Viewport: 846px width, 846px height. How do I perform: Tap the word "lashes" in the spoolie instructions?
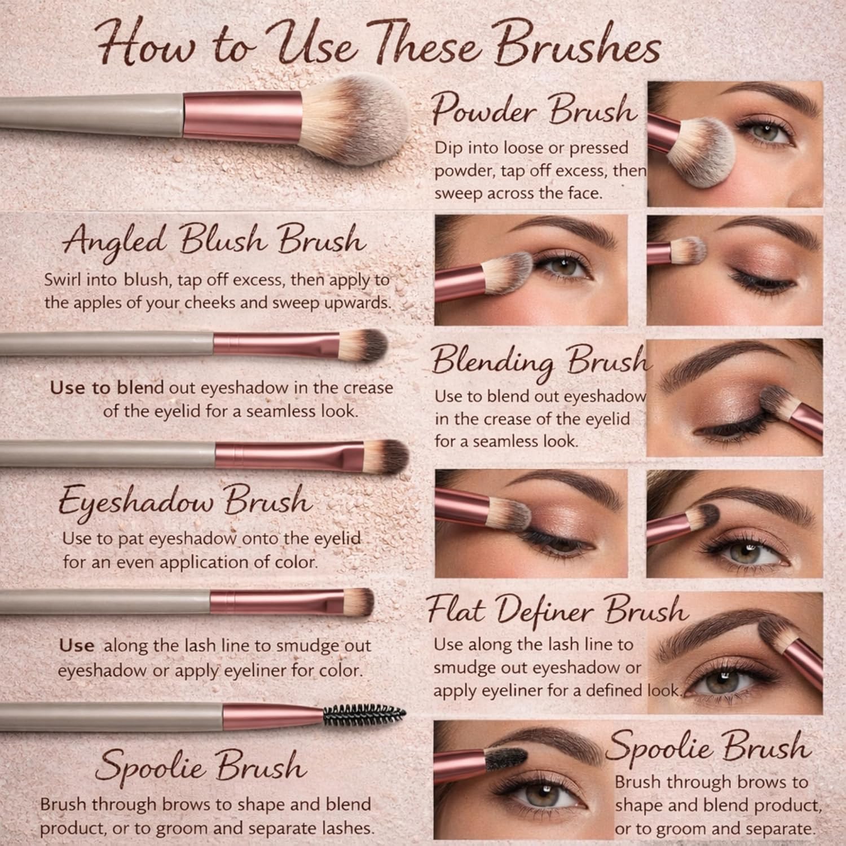pos(345,828)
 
